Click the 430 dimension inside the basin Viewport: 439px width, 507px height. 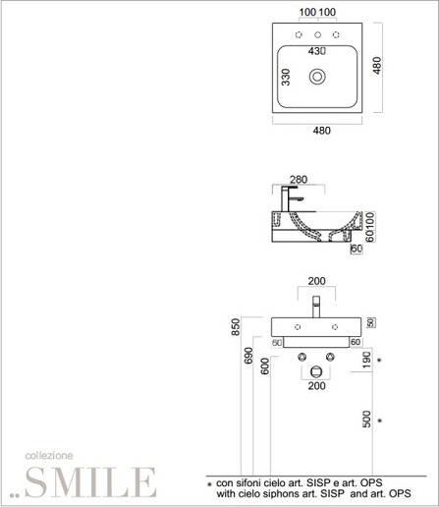(317, 51)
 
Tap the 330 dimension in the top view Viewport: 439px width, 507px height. (286, 77)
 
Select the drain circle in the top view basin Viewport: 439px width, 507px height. (317, 77)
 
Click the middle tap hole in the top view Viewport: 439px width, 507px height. (317, 34)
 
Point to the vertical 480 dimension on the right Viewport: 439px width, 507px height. (377, 66)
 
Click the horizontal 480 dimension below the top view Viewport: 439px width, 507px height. (322, 131)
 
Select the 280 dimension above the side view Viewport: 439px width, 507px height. (299, 180)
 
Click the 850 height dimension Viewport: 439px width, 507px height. (236, 327)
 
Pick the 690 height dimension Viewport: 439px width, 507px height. (248, 356)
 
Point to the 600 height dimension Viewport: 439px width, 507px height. (265, 366)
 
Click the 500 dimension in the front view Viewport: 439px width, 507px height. (367, 419)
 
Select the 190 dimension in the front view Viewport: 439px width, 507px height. (367, 360)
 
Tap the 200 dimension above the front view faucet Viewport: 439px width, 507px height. (316, 281)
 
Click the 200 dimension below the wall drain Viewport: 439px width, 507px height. (316, 386)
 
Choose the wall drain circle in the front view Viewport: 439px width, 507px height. (316, 371)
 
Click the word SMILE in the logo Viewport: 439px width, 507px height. (91, 482)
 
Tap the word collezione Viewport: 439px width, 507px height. (49, 456)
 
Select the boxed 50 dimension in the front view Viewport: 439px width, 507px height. (371, 322)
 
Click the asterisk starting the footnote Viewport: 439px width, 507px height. (210, 484)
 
